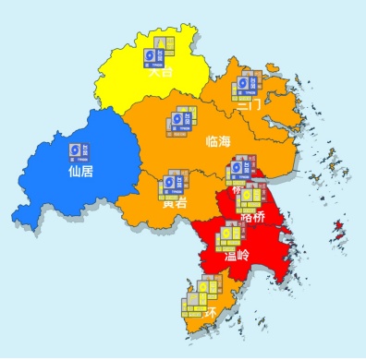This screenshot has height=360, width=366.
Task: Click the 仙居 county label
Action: coord(81,171)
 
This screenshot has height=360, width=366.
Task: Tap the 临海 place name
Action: coord(219,140)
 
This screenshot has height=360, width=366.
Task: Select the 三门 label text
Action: coord(249,105)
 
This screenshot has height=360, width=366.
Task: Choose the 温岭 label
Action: coord(238,255)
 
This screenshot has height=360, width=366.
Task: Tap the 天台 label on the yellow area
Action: coord(161,73)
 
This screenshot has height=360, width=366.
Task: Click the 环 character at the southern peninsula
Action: coord(212,311)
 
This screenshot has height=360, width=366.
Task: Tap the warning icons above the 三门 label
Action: coord(250,86)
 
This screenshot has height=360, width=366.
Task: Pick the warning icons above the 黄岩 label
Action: coord(172,183)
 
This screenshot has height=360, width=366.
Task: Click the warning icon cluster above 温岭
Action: coord(227,237)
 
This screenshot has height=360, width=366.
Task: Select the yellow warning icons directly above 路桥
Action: coord(250,198)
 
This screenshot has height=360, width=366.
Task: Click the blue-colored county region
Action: coord(65,185)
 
